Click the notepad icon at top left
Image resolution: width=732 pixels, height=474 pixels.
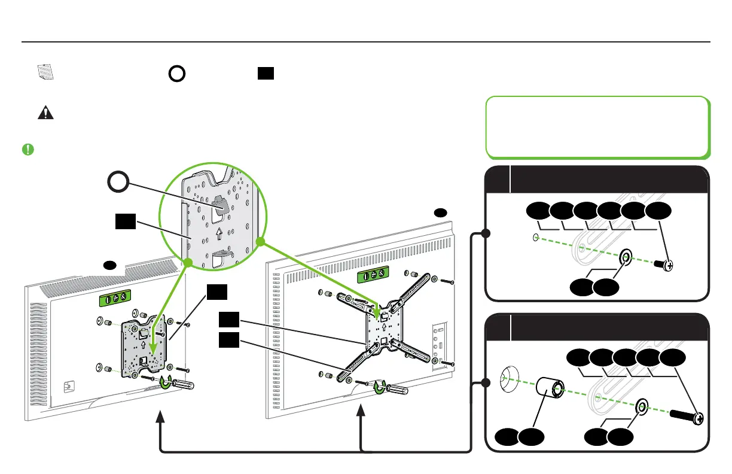45,72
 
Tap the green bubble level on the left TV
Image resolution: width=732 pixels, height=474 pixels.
113,298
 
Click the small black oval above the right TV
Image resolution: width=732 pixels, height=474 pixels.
440,212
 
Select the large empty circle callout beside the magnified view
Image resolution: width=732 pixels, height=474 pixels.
118,181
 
